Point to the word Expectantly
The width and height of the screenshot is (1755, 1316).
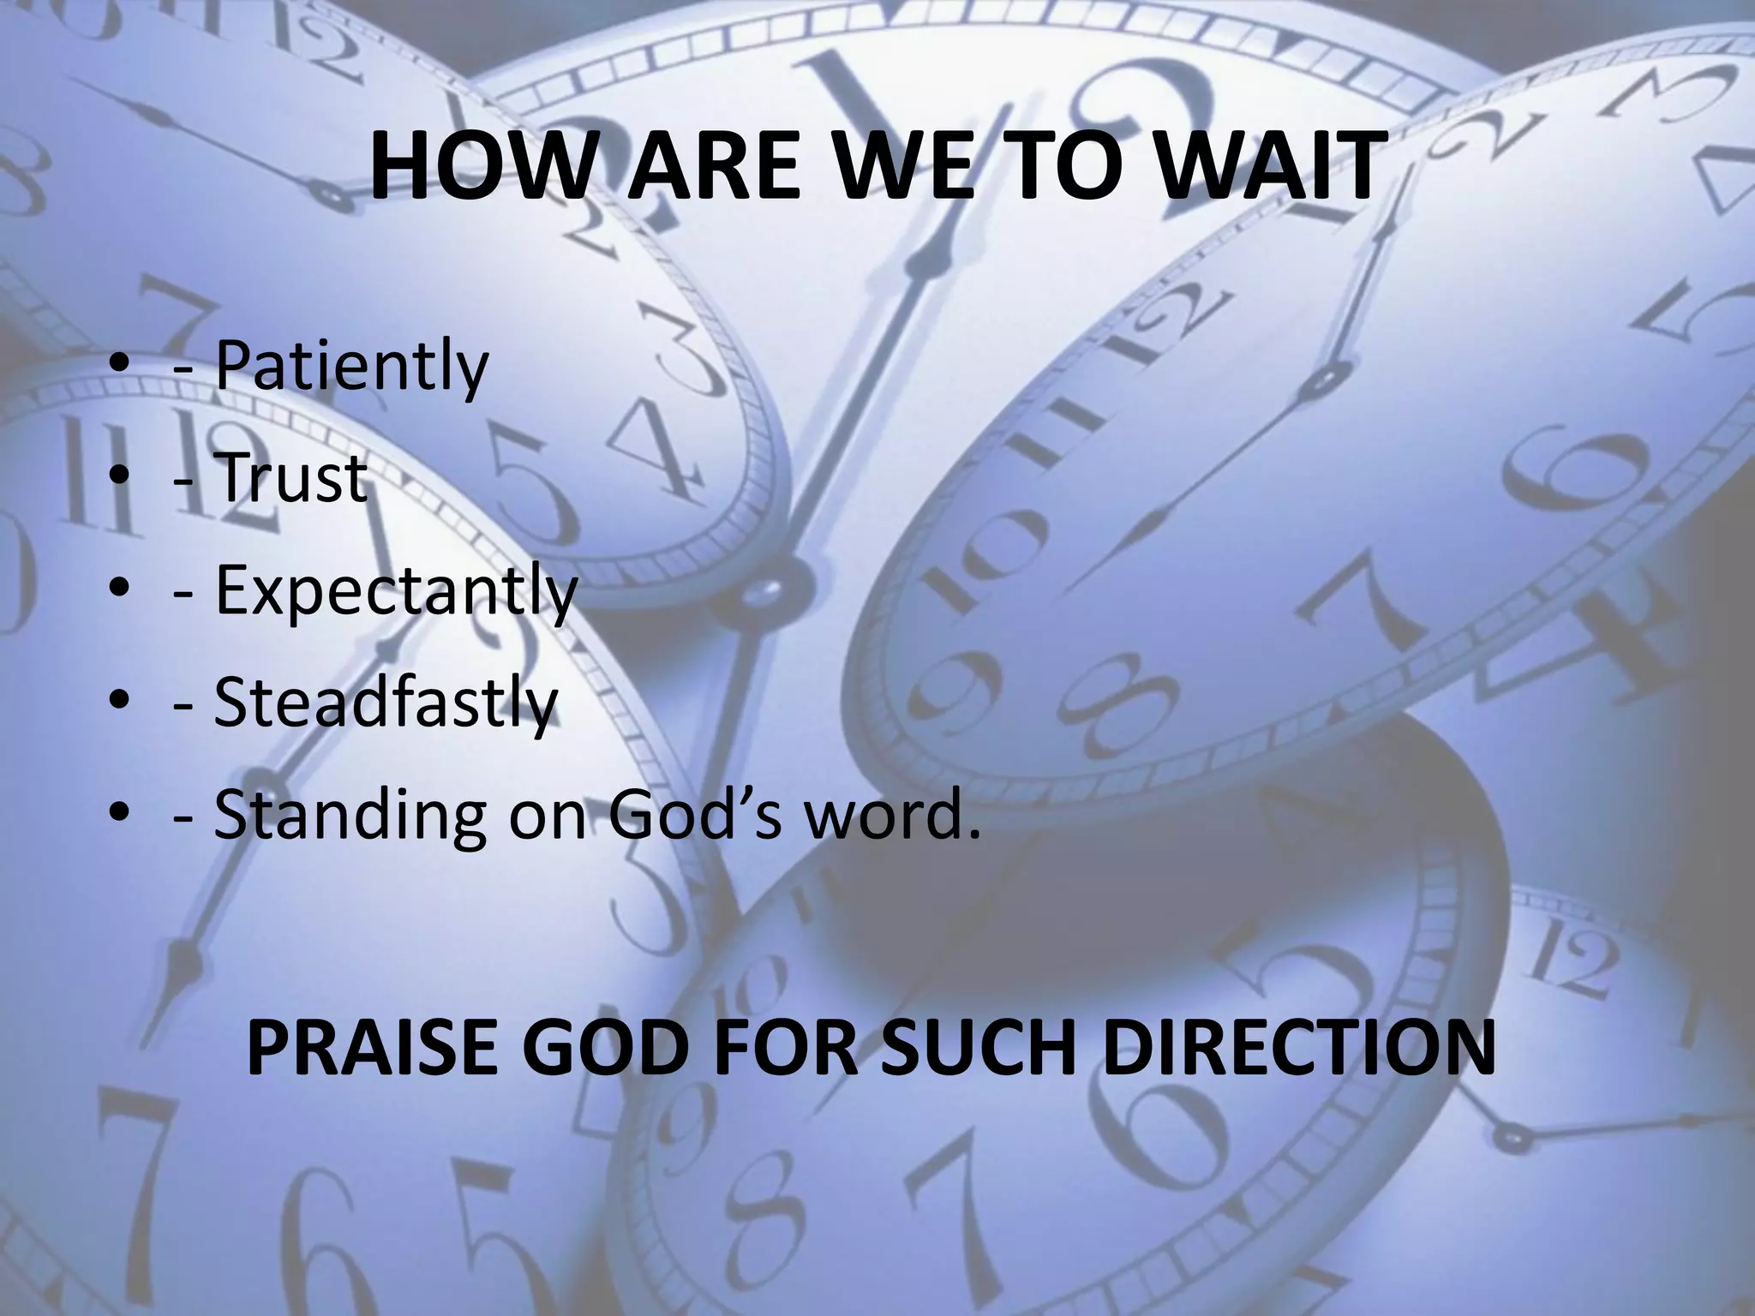coord(395,590)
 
